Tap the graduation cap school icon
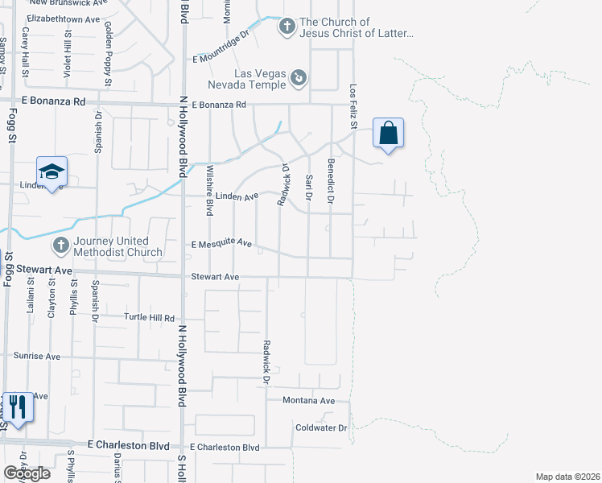tap(51, 171)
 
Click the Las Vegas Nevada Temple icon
tap(299, 77)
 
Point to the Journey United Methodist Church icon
tap(60, 245)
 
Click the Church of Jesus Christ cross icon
tap(287, 27)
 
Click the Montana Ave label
tap(308, 400)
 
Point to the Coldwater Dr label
tap(320, 427)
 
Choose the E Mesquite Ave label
tap(221, 244)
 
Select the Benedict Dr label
tap(331, 180)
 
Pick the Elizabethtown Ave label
tap(63, 18)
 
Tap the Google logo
tap(27, 473)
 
